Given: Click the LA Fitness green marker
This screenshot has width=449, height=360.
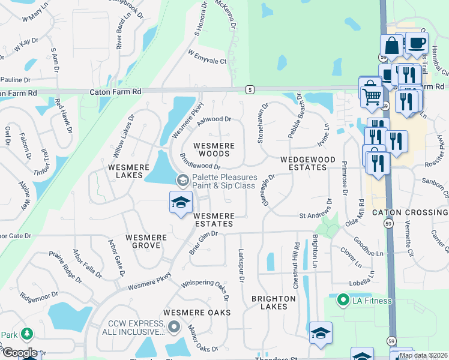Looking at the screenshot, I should (x=343, y=299).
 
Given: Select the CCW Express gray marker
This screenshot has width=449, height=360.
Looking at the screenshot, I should (x=174, y=327).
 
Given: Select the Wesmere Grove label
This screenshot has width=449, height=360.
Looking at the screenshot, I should (x=146, y=242).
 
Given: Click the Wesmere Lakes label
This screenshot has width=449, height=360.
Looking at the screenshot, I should (x=125, y=171).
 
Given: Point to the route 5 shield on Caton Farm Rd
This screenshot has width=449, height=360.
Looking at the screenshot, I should (x=249, y=90).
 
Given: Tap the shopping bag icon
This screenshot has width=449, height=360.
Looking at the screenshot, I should (x=391, y=46).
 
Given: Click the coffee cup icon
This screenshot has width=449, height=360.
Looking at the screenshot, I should (x=417, y=43).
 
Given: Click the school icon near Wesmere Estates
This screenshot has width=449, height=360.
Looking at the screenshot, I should (x=180, y=202).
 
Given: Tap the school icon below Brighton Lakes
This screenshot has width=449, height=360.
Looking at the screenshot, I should (x=321, y=333).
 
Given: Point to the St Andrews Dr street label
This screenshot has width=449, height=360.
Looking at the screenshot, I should (x=315, y=215).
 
